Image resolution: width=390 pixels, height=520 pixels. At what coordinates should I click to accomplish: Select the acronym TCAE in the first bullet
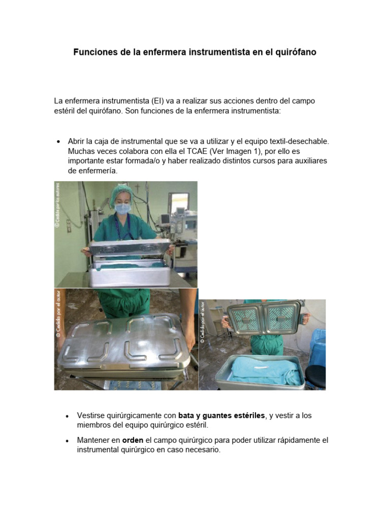click(x=178, y=152)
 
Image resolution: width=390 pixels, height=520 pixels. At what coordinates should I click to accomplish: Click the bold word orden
click(x=133, y=440)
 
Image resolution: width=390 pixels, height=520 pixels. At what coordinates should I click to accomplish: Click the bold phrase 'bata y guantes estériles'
click(x=221, y=415)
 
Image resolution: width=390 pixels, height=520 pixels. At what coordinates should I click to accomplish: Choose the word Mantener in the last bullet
click(x=94, y=440)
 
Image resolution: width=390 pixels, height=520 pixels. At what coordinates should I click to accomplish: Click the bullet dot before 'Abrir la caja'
click(x=59, y=142)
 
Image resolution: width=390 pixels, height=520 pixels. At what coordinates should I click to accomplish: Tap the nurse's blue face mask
click(x=122, y=208)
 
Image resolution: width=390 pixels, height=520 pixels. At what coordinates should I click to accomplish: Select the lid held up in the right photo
click(x=264, y=317)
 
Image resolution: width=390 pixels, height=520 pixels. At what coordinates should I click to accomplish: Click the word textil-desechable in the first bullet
click(x=300, y=142)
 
